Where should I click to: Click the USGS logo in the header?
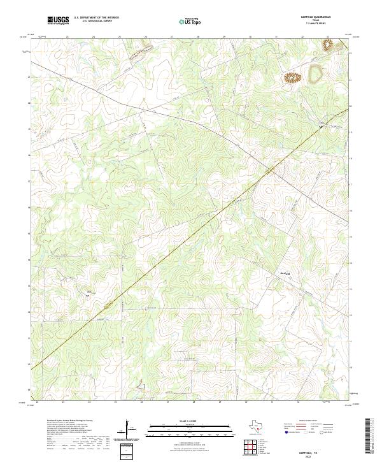59,21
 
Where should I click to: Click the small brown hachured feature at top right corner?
329,45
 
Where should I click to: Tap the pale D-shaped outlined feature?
315,75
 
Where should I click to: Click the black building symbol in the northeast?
321,126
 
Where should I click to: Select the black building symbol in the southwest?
88,294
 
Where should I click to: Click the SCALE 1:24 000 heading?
190,421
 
